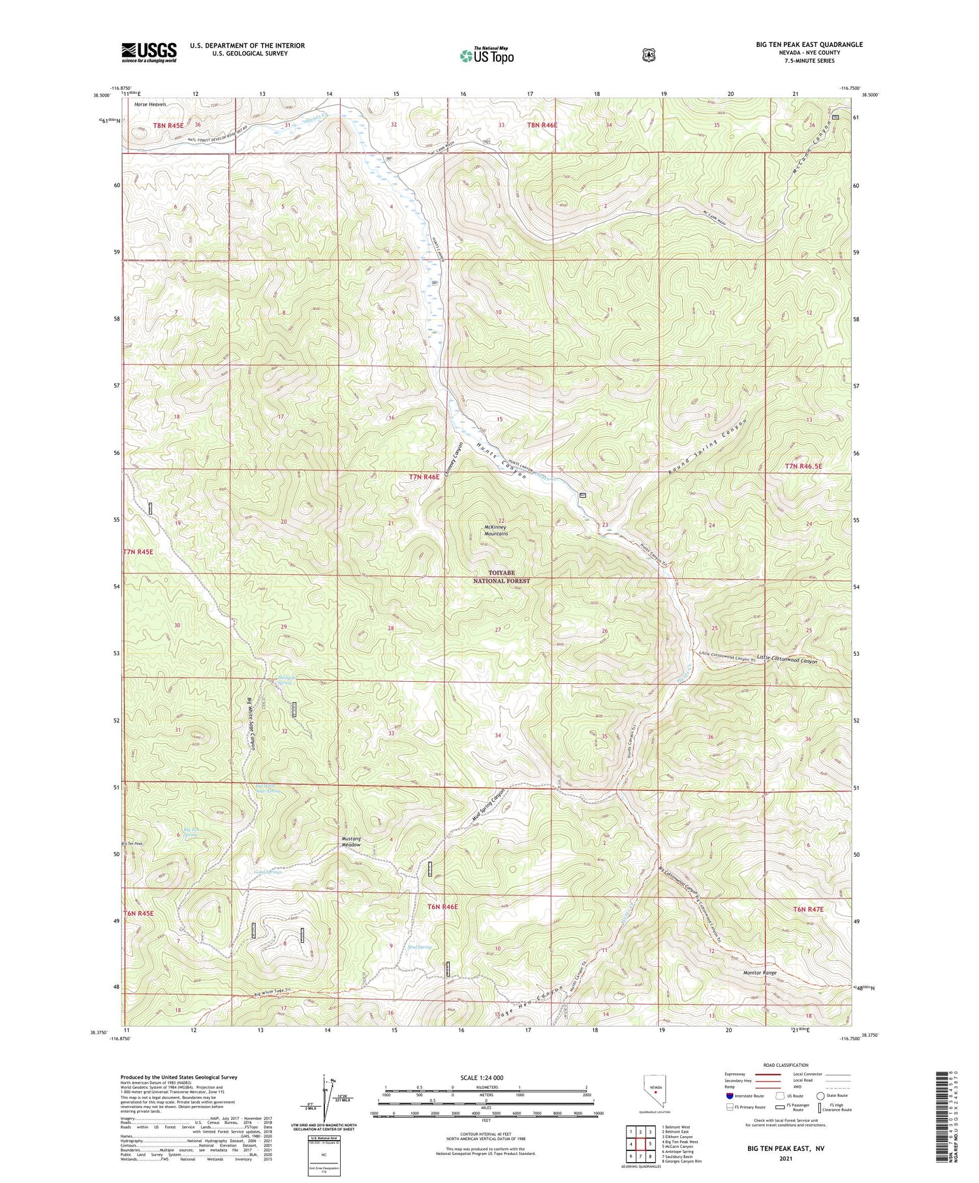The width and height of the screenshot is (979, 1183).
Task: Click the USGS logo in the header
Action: [x=148, y=52]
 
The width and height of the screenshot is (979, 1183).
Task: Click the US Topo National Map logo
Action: [x=486, y=55]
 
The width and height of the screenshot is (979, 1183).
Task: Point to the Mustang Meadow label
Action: [x=351, y=842]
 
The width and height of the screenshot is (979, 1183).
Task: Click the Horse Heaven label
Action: [x=150, y=104]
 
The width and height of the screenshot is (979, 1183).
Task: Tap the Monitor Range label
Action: [x=760, y=973]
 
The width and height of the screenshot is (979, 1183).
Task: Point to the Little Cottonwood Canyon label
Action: [x=787, y=660]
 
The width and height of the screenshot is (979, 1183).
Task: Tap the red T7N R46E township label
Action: [x=424, y=477]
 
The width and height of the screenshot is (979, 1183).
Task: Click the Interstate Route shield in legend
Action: [x=729, y=1096]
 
